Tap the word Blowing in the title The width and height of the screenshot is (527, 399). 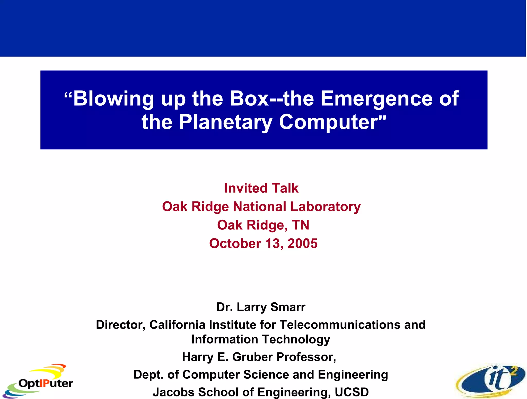point(113,99)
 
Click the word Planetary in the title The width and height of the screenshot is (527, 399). point(225,122)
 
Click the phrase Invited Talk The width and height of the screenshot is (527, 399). point(261,188)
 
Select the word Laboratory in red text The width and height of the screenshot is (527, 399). point(325,207)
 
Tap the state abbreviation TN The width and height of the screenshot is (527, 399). point(300,225)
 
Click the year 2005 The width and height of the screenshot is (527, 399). point(302,243)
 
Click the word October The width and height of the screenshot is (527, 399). point(235,243)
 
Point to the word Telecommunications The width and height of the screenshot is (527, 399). point(340,325)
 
